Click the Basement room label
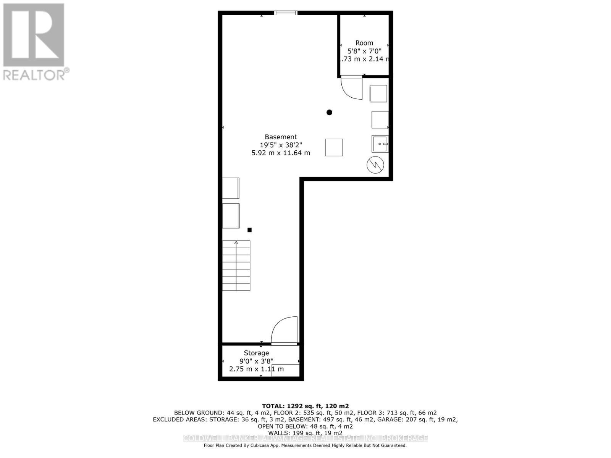click(281, 137)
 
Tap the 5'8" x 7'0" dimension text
click(364, 51)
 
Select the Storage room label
click(256, 353)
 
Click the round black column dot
click(329, 112)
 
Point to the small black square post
click(249, 230)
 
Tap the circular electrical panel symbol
click(375, 165)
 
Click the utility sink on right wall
click(380, 144)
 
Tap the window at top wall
click(286, 13)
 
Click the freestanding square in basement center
click(334, 147)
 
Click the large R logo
click(34, 35)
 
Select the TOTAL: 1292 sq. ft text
click(305, 406)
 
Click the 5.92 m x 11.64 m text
click(281, 153)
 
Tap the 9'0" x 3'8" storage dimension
click(256, 361)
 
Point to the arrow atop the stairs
click(236, 242)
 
